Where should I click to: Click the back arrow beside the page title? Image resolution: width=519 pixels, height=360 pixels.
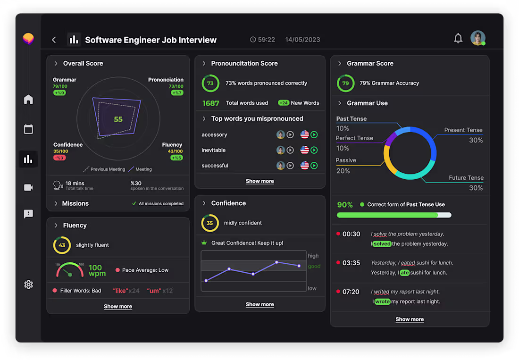(54, 40)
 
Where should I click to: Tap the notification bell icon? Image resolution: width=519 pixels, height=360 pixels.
(458, 39)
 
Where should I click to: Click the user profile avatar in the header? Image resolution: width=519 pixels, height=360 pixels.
(477, 38)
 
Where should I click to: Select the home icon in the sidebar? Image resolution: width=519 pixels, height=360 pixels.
(28, 99)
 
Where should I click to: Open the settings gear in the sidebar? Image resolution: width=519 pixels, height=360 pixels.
(28, 285)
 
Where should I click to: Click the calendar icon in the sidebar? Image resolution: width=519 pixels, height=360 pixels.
(28, 129)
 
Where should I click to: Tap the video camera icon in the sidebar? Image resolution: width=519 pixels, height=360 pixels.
(28, 187)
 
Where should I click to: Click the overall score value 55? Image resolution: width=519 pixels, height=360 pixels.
(118, 119)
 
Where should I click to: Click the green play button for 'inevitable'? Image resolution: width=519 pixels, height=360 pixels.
(314, 150)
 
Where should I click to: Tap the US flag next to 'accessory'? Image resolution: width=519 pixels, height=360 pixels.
(304, 135)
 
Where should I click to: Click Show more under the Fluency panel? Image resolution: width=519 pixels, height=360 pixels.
(118, 306)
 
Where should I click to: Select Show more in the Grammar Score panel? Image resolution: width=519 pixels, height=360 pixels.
(410, 319)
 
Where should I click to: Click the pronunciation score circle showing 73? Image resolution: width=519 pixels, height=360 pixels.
(210, 83)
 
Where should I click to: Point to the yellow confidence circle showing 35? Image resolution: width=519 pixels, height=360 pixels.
(210, 223)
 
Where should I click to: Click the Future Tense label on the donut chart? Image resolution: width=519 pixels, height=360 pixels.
(466, 178)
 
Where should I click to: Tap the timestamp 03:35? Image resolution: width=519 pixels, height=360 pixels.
(351, 263)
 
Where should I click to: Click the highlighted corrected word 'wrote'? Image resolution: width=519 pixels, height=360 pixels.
(382, 301)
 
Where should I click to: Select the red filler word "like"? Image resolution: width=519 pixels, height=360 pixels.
(120, 291)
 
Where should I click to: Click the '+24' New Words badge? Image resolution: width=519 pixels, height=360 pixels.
(284, 103)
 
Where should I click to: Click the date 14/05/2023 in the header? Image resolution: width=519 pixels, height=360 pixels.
(302, 40)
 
